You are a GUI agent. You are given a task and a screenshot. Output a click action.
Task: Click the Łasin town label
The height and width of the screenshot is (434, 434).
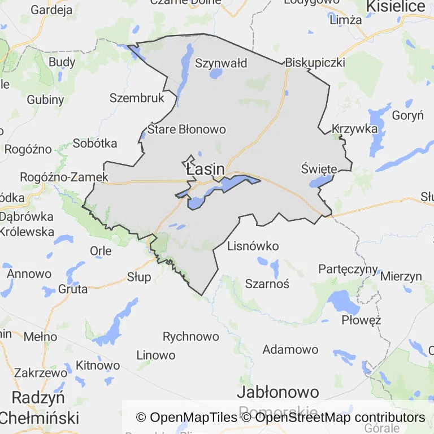(205, 169)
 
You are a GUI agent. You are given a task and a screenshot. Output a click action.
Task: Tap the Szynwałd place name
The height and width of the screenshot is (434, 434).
(221, 63)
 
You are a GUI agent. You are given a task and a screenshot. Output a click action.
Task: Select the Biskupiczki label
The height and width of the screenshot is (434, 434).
(315, 62)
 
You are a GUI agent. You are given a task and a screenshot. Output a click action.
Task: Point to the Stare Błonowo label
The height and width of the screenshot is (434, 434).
(186, 129)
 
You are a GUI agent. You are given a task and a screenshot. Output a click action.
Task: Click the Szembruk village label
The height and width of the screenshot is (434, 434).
(137, 98)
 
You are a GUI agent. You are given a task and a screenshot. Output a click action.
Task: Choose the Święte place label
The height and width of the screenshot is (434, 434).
(319, 169)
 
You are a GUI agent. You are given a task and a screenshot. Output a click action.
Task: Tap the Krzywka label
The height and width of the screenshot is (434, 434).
(355, 128)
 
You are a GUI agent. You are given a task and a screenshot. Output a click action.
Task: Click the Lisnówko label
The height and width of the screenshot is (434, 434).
(253, 246)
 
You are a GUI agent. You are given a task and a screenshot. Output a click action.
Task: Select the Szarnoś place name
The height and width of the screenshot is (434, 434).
(267, 284)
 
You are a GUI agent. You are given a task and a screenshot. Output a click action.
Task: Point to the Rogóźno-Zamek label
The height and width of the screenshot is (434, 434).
(64, 177)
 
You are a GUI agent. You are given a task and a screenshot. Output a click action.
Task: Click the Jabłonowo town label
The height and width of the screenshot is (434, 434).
(278, 392)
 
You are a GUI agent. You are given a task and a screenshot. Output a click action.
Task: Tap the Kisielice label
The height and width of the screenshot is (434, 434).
(396, 6)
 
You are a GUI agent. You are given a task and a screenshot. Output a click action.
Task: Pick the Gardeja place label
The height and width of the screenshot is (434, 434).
(51, 10)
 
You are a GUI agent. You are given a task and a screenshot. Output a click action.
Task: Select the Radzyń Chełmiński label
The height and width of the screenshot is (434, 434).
(39, 407)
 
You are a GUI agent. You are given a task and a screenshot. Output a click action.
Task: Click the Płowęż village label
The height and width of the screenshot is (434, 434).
(361, 320)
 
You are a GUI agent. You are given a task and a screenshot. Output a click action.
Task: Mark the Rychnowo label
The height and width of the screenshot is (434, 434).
(190, 337)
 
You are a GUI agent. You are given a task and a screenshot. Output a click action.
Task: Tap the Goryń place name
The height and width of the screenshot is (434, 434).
(407, 116)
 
